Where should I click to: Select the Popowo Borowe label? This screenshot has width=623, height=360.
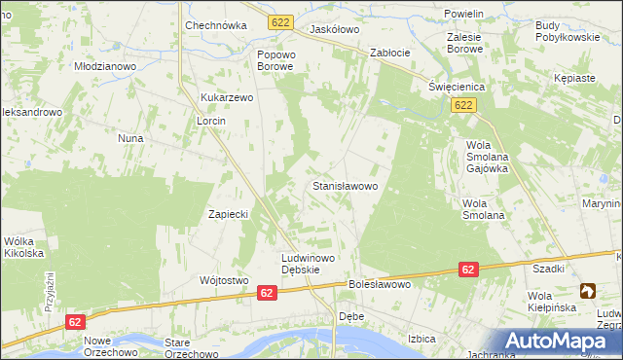coord(275,60)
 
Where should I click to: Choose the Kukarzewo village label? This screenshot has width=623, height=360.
coord(227,98)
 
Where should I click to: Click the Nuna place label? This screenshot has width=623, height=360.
coord(130,138)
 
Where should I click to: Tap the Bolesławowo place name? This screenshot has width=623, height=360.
coord(380,285)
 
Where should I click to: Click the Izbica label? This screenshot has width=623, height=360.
coord(421,339)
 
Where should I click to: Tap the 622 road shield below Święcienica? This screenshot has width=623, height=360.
coord(463,105)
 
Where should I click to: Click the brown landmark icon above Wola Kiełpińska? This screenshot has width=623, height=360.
coord(587,290)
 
